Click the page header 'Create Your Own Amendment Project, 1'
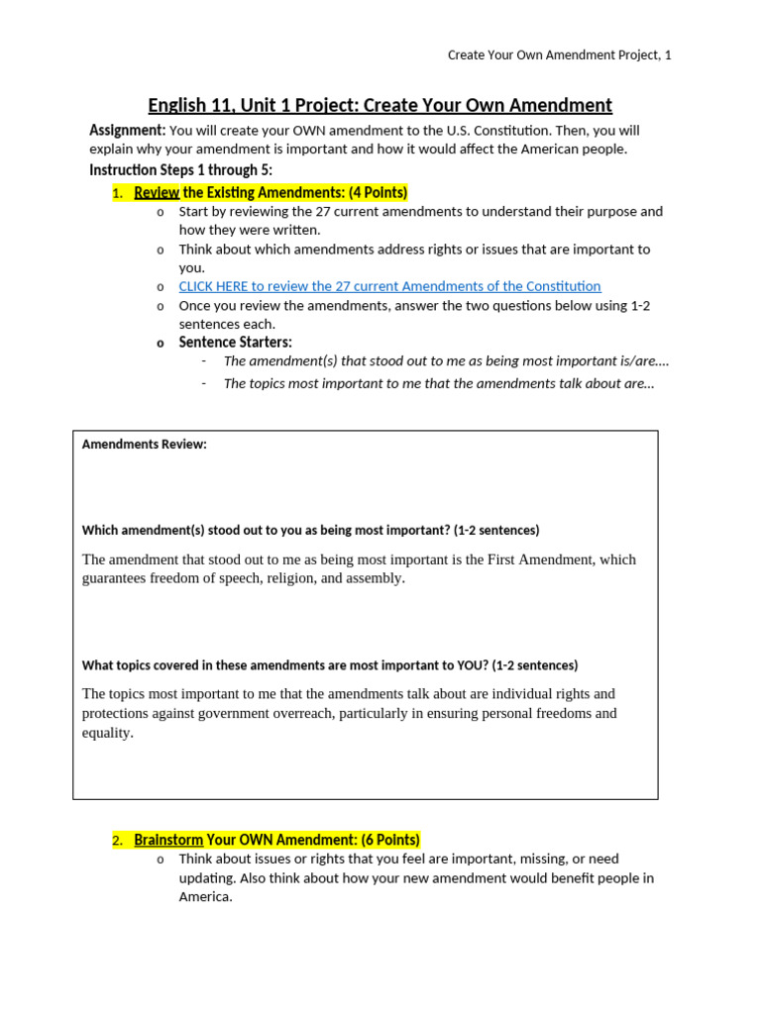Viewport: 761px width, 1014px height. tap(559, 55)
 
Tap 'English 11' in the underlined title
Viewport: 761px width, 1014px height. tap(188, 105)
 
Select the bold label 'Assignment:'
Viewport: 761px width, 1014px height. tap(127, 131)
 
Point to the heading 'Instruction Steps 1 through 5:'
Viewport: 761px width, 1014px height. tap(180, 170)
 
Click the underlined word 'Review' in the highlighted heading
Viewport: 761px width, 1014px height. tap(157, 192)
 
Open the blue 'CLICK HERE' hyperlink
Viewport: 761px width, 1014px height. tap(389, 286)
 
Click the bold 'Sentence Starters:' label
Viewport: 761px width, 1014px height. tap(235, 343)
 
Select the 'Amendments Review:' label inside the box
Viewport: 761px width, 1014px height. tap(144, 445)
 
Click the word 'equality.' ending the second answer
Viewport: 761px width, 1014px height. tap(107, 733)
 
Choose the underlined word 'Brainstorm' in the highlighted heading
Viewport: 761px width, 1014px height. tap(168, 840)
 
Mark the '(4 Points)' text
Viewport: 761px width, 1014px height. tap(378, 192)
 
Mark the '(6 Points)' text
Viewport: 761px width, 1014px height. tap(389, 840)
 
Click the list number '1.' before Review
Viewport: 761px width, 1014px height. tap(117, 193)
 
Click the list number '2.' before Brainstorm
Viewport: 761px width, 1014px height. tap(117, 841)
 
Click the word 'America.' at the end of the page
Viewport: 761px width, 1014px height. tap(205, 897)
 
